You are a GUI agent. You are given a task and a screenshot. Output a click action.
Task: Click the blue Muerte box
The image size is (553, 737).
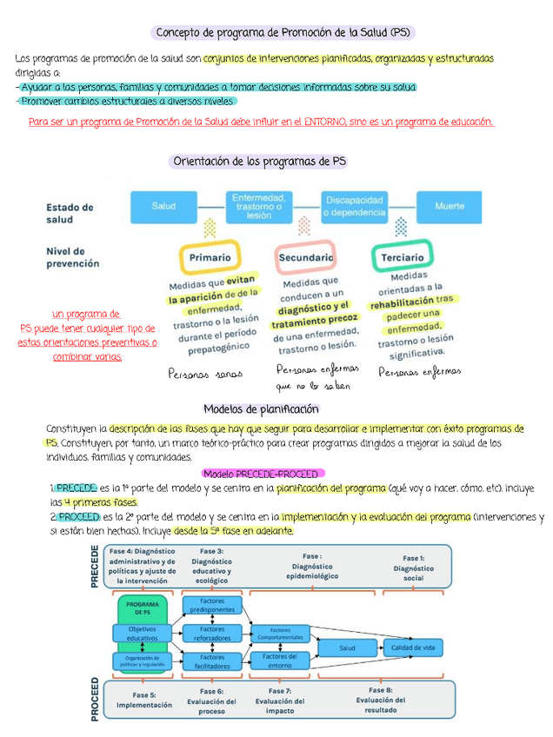click(x=449, y=206)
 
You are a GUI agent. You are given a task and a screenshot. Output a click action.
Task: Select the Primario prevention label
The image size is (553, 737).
click(x=210, y=257)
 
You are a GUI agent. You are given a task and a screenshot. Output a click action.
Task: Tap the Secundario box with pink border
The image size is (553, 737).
click(x=305, y=257)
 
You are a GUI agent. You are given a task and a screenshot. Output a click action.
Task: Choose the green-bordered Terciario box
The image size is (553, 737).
click(x=402, y=257)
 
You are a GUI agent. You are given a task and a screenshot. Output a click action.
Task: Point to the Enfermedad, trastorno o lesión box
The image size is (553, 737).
click(x=259, y=206)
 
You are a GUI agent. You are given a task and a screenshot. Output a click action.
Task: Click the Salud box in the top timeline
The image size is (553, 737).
click(x=164, y=206)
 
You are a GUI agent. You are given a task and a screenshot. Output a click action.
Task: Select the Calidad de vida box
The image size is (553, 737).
click(x=413, y=647)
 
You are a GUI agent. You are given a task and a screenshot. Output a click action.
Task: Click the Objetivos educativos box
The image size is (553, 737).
click(x=143, y=634)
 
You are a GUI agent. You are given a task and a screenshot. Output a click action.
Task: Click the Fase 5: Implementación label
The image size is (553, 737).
click(x=144, y=700)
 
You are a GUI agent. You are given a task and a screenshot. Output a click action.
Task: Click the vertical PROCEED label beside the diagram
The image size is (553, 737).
click(x=95, y=699)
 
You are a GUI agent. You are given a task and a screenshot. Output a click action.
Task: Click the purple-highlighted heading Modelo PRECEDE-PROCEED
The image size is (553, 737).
click(x=262, y=474)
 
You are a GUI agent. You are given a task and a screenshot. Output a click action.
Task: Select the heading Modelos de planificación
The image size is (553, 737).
click(x=262, y=408)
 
